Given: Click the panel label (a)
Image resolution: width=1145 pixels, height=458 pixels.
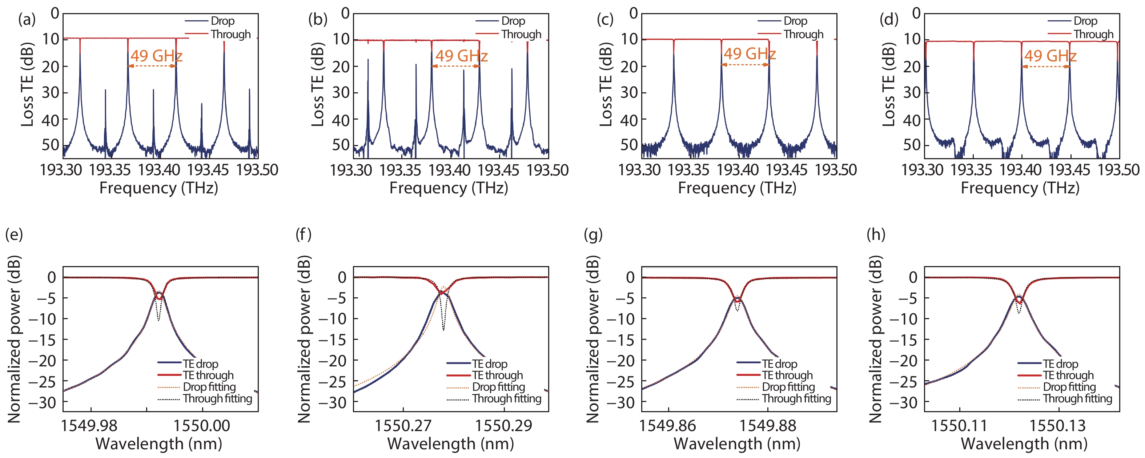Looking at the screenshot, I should (27, 20).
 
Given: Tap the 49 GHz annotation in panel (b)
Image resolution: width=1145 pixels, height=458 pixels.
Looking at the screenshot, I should (461, 56).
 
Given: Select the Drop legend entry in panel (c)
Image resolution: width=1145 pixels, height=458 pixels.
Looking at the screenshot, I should (795, 21).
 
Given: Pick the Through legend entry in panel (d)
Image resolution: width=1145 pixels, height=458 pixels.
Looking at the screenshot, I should (1093, 34).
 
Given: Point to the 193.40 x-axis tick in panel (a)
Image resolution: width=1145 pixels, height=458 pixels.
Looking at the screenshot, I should (159, 170).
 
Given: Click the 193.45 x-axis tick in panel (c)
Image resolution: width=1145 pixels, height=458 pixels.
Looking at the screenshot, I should (786, 170).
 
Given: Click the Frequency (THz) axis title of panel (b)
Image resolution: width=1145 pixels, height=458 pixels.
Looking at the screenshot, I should (449, 188).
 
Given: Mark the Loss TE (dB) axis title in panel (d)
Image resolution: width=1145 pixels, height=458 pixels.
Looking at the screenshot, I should (888, 84).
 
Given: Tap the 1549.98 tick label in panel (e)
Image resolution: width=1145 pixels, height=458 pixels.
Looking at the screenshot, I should (89, 426).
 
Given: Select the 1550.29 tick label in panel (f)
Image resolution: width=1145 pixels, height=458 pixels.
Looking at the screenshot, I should (503, 426).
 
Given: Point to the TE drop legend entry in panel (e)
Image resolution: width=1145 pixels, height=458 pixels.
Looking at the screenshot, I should (200, 364).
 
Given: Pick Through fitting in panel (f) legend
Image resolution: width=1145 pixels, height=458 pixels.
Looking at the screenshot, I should (506, 399).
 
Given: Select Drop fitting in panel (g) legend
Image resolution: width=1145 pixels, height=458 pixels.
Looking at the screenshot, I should (788, 387).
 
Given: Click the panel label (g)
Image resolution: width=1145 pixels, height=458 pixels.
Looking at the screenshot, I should (593, 234).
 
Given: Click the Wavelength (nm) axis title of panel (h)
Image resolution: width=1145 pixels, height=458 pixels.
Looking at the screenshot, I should (1024, 444).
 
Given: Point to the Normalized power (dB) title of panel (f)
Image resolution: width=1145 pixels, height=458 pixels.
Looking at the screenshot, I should (304, 339).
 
